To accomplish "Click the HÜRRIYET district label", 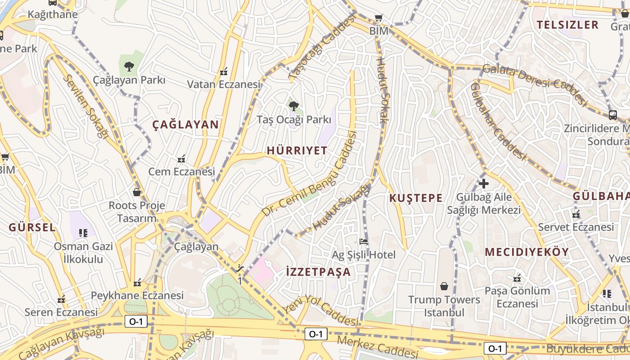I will tap(297, 151).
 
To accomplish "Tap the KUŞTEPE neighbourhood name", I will tap(416, 198).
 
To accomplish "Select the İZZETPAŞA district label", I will tap(318, 272).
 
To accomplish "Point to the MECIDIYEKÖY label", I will tap(527, 252).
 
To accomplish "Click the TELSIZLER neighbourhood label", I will tap(568, 25).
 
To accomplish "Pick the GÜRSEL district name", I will tap(32, 227).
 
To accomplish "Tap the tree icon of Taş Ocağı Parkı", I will tap(294, 106).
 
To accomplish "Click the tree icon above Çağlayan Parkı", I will tap(129, 67).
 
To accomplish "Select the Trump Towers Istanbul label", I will tap(444, 306).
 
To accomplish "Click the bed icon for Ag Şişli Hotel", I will tap(364, 242).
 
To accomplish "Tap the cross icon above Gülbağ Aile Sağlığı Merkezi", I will tap(484, 184).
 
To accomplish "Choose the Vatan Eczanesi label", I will tap(224, 84).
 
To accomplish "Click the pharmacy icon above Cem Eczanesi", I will tap(181, 158).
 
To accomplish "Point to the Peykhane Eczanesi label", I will tap(137, 296).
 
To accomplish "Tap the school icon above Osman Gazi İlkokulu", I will tap(83, 233).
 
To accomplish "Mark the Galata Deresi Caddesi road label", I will tap(535, 84).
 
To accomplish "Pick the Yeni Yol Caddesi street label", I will tap(320, 310).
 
